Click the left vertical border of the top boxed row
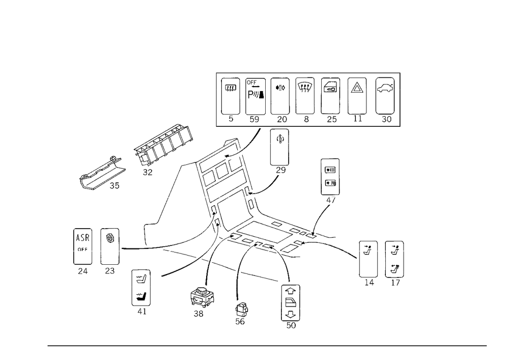[x=217, y=99]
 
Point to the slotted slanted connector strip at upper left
[x=163, y=147]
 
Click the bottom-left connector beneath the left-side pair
[x=140, y=290]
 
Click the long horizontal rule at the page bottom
[x=267, y=345]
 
